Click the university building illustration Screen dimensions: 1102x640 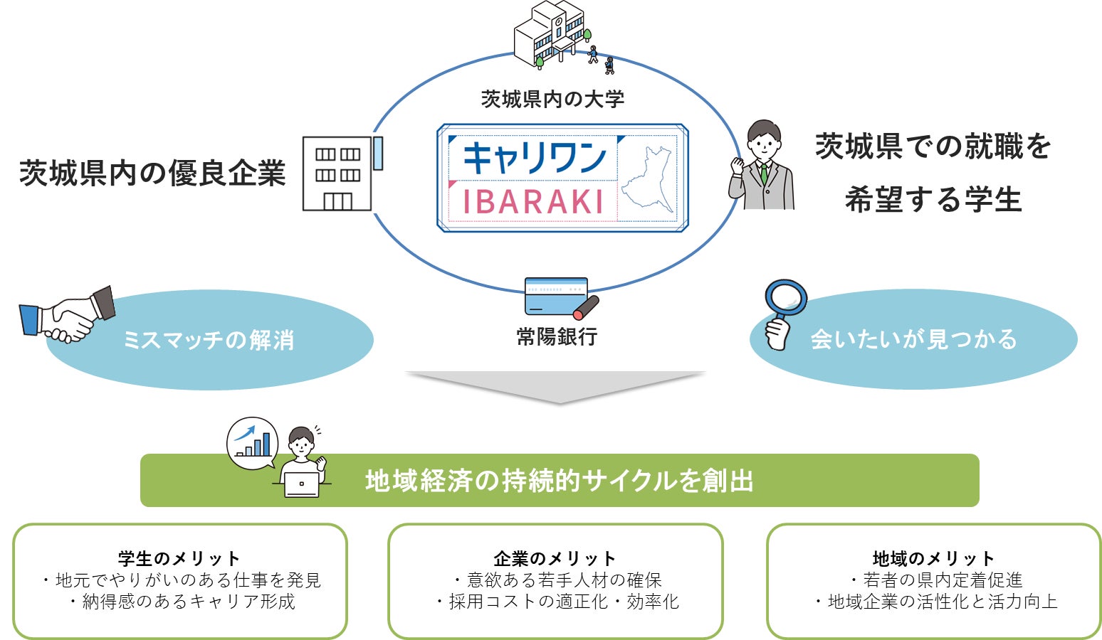point(551,34)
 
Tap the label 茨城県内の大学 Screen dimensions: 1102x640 point(552,100)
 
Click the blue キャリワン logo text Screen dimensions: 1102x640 point(535,158)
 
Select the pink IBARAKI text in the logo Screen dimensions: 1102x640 point(533,201)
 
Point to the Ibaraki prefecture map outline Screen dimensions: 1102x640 point(646,179)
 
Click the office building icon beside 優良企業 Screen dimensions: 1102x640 point(342,174)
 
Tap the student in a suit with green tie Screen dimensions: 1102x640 point(762,165)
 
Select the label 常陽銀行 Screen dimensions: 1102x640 point(557,337)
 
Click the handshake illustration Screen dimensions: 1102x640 point(68,314)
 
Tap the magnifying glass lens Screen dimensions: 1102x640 point(786,297)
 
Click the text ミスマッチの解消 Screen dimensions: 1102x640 point(209,340)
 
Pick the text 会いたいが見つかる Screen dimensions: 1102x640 point(913,339)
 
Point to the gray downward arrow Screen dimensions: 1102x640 point(556,386)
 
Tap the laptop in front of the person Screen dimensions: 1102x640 point(302,485)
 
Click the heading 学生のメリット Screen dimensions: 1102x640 point(179,558)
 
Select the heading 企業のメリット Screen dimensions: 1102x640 point(555,558)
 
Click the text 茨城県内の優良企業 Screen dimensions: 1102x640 point(152,173)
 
